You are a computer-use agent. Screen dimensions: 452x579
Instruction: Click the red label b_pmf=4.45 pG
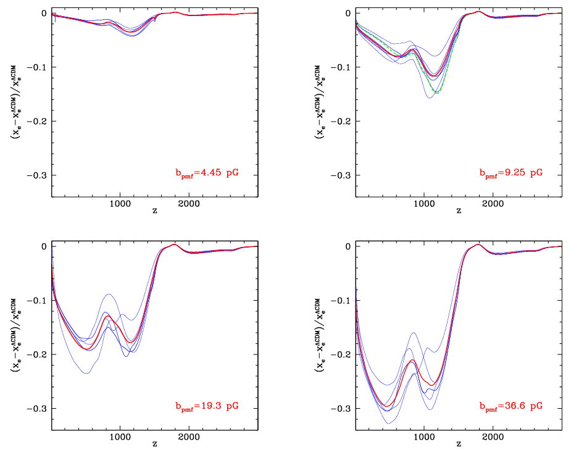coord(206,173)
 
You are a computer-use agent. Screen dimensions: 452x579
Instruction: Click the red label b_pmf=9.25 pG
coord(510,173)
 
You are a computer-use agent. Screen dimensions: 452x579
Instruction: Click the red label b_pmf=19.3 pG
coord(206,406)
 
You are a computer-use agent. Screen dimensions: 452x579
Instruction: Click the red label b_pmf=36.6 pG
coord(510,406)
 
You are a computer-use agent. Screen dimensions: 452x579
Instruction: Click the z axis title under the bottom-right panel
coord(458,444)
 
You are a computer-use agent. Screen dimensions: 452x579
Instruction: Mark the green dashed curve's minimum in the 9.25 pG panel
coord(436,93)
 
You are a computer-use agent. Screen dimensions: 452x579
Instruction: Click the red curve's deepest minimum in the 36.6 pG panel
coord(386,406)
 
